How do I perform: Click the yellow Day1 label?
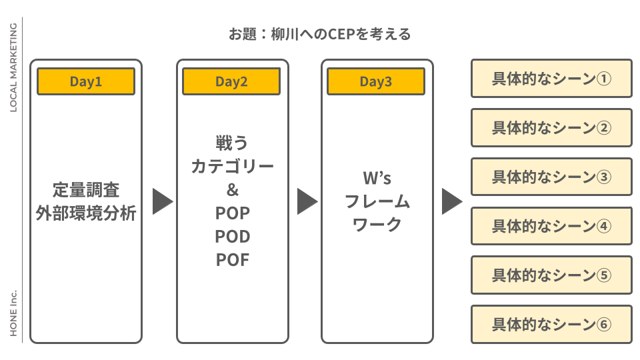pos(86,81)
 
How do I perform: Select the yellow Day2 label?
pos(231,81)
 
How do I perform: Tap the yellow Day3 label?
pos(376,81)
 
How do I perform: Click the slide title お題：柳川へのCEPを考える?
pos(319,34)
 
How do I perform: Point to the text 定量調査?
pos(86,189)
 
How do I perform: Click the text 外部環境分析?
pos(86,213)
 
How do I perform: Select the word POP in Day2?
pos(232,213)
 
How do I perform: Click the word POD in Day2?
pos(232,237)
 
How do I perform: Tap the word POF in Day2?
pos(232,260)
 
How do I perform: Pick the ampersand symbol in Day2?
pos(232,190)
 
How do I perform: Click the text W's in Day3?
pos(377,178)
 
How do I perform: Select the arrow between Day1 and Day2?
pos(161,201)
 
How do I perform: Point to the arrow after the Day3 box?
pos(451,201)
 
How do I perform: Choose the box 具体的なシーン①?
pos(551,79)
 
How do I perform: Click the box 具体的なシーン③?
pos(551,177)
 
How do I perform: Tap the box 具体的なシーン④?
pos(551,226)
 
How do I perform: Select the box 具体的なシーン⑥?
pos(551,325)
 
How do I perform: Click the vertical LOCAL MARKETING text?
pos(13,67)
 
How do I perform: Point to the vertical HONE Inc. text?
pos(13,313)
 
